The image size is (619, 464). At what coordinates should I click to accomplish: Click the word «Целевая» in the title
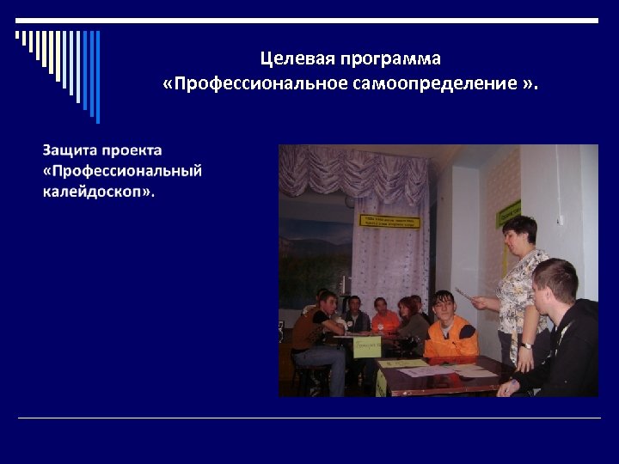tap(296, 59)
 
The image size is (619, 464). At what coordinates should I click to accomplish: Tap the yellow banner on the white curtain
tap(389, 221)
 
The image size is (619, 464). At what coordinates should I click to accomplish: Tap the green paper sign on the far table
tap(367, 346)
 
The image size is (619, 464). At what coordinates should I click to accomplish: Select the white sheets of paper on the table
tap(447, 370)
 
